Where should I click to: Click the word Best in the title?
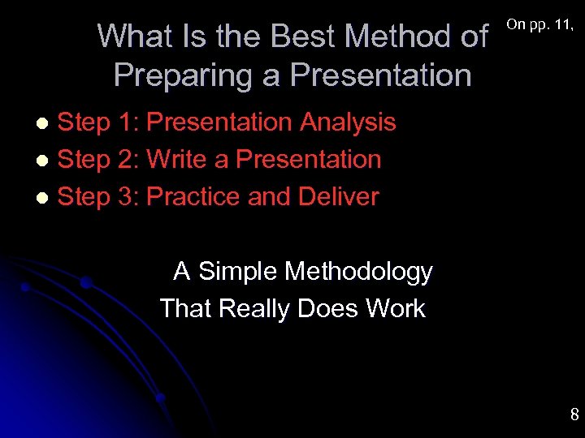pyautogui.click(x=302, y=36)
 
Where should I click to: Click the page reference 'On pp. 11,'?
pyautogui.click(x=540, y=24)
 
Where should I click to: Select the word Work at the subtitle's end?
pyautogui.click(x=396, y=309)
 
